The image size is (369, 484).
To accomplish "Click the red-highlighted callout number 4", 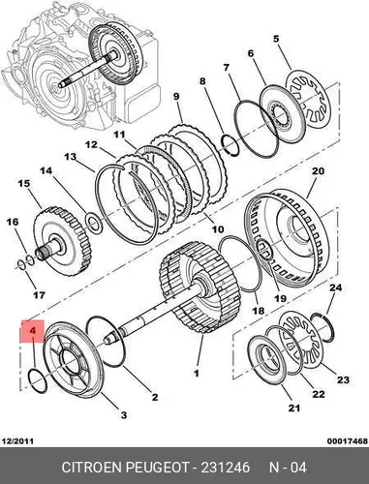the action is coord(32,331).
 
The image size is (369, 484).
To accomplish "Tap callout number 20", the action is coord(317,170).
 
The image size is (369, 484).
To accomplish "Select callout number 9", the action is coord(176,97).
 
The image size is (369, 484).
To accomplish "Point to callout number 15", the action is coord(24,184).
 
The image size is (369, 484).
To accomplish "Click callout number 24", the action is coord(335,287).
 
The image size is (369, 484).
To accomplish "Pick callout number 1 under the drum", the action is coord(197,373).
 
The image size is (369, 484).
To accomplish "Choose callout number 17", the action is coord(39,294).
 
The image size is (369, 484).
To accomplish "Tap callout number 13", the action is coord(70,157).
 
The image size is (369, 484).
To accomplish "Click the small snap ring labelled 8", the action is coord(230,144).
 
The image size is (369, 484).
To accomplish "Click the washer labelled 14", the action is coord(94,223).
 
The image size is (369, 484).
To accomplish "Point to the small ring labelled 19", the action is coord(264,249).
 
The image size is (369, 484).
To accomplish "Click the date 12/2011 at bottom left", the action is coord(17,440).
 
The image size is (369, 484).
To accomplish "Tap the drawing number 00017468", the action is coord(348,440).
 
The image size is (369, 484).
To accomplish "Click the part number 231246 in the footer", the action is coord(226,468).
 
